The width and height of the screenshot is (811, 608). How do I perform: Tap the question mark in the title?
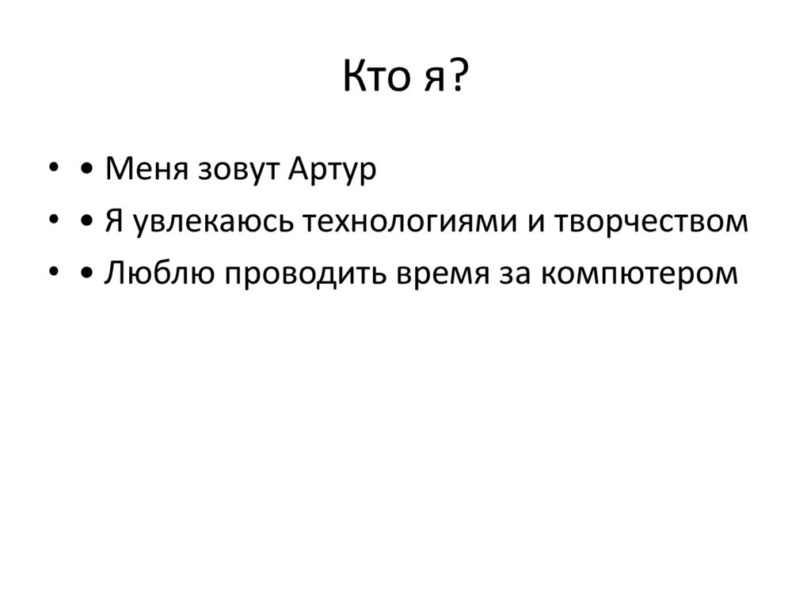458,79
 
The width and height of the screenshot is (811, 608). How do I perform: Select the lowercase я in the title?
428,82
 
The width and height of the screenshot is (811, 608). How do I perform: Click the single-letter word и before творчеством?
535,224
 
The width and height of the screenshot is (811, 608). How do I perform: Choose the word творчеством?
650,223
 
